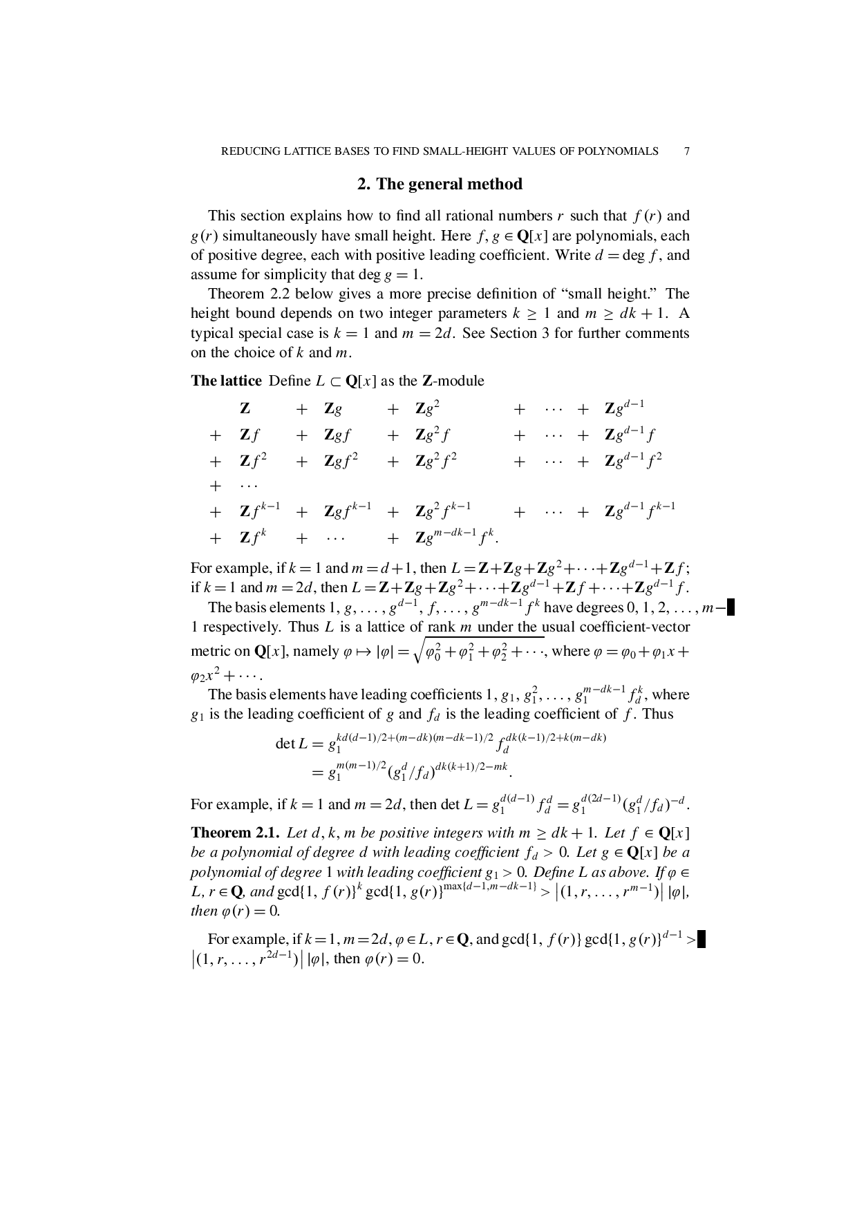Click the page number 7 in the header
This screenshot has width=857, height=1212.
[686, 151]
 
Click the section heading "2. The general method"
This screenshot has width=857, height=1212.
[440, 184]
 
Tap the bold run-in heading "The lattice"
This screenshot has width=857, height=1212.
[226, 381]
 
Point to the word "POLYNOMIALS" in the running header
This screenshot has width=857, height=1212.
[617, 151]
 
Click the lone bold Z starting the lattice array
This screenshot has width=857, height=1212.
[245, 409]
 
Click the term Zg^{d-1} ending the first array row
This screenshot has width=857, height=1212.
[624, 408]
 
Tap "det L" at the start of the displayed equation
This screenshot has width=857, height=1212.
[291, 744]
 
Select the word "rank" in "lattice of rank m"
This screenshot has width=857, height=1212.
[441, 627]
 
